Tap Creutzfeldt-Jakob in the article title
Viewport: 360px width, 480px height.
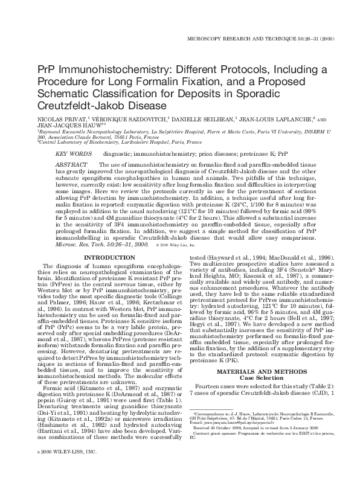click(79, 105)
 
